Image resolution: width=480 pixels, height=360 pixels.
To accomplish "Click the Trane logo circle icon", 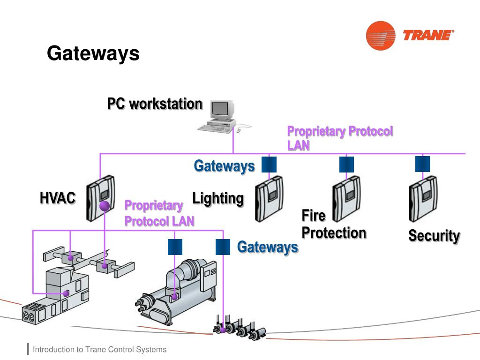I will pos(380,36).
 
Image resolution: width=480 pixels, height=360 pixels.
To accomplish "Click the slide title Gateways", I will pos(93,53).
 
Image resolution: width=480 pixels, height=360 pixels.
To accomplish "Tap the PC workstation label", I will pos(155,104).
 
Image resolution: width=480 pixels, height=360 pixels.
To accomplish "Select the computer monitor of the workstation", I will pos(221,109).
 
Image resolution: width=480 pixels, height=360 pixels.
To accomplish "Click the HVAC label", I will pos(58,198).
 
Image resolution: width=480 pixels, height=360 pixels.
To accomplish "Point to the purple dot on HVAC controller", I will pos(105,206).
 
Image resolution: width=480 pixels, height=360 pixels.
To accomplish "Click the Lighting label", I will pos(218,198).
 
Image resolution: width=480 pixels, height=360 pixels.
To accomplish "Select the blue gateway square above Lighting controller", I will pos(269,165).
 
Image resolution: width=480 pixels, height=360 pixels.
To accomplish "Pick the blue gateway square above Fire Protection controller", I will pos(346,165).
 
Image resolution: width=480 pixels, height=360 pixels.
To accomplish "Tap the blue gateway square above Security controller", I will pos(422,164).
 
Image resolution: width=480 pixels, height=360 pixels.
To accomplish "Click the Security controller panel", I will pos(423,198).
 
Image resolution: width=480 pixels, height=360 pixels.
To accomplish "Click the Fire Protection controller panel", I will pos(346,198).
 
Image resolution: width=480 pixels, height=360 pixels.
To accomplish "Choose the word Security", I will pos(434,235).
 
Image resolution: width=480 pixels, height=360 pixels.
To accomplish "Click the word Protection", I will pos(334,232).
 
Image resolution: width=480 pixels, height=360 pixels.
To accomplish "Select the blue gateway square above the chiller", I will pos(175,247).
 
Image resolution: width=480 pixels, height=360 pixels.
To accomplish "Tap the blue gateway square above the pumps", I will pos(223,247).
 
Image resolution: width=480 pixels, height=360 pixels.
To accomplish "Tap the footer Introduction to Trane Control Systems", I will pos(99,350).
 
